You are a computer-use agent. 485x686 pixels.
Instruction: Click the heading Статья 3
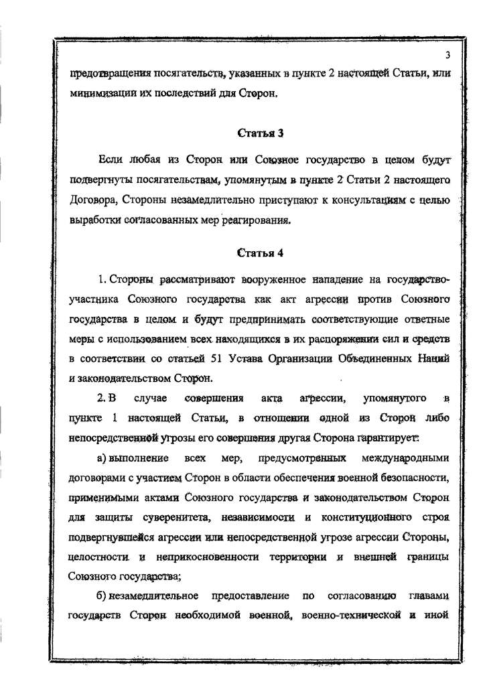(261, 133)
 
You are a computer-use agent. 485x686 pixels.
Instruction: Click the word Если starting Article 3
(110, 159)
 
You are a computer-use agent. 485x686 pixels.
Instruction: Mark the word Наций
(431, 358)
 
